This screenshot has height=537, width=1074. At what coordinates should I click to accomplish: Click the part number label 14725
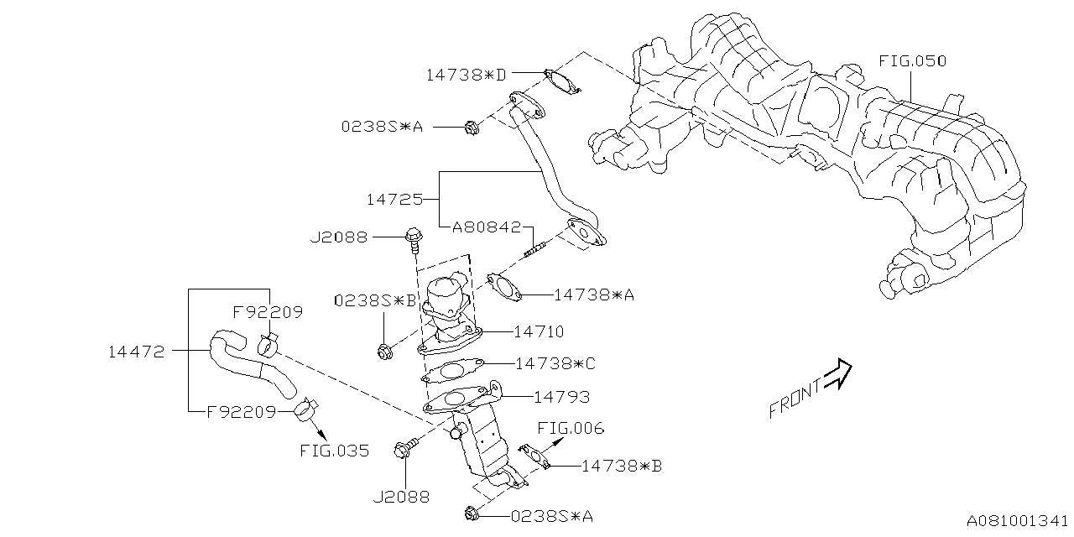pyautogui.click(x=394, y=201)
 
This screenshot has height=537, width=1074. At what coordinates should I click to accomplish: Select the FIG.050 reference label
pyautogui.click(x=912, y=61)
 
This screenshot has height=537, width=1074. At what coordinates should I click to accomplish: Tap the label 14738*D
pyautogui.click(x=466, y=75)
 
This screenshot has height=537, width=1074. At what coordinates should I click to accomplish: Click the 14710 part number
pyautogui.click(x=539, y=332)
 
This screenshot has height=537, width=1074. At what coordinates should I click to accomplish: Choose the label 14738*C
pyautogui.click(x=555, y=363)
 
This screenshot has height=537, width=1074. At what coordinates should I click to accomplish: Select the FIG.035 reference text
pyautogui.click(x=334, y=451)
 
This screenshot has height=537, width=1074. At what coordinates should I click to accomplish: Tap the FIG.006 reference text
pyautogui.click(x=571, y=429)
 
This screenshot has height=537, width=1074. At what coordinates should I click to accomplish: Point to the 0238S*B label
pyautogui.click(x=375, y=300)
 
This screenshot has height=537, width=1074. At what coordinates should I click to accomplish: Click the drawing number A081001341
pyautogui.click(x=1017, y=521)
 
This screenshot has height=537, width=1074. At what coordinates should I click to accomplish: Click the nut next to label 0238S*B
pyautogui.click(x=383, y=352)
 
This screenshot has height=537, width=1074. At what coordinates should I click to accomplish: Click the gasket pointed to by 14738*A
pyautogui.click(x=503, y=286)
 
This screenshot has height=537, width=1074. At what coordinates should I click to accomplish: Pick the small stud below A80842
pyautogui.click(x=535, y=248)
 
